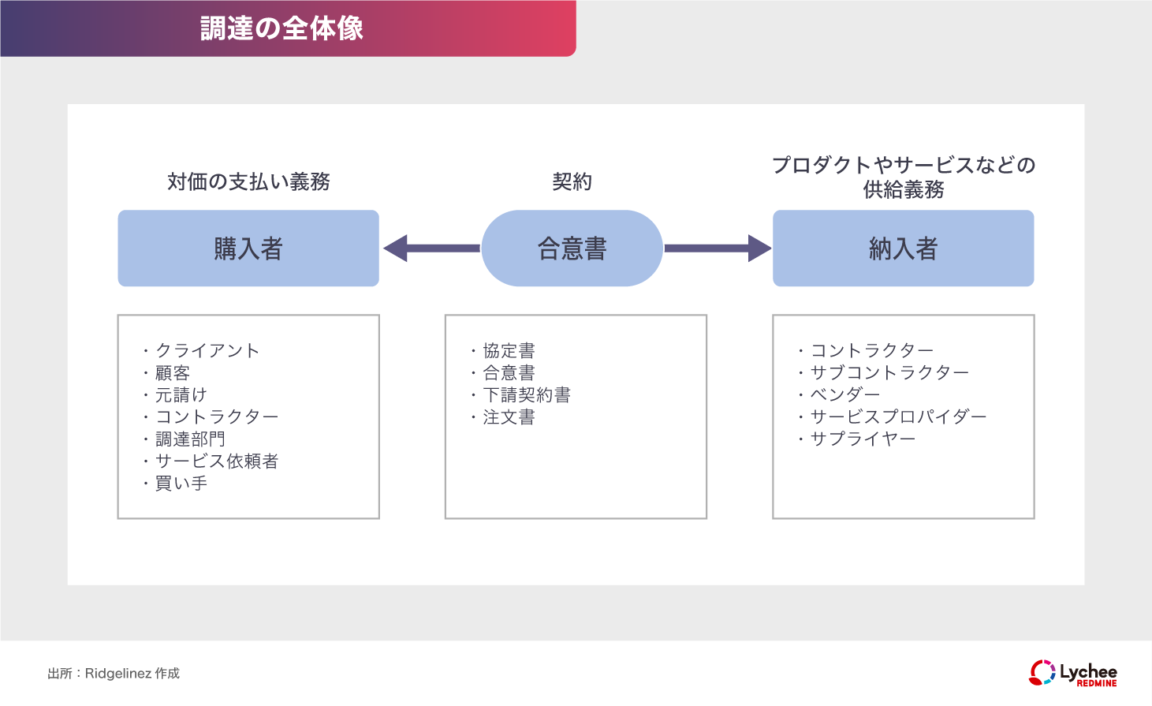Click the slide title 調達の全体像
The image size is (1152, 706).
281,28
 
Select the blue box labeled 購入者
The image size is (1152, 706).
248,248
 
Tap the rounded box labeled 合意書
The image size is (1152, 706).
572,248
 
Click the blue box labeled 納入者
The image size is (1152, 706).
903,248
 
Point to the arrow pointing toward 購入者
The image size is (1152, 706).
432,248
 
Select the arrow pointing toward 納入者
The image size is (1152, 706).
717,248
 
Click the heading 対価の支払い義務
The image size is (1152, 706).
248,181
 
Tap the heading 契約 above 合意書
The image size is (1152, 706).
572,181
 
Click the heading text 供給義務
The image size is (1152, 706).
903,190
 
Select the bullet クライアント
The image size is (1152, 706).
207,350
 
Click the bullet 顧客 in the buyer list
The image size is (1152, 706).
172,372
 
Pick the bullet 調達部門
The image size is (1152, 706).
190,439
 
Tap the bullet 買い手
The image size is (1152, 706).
181,483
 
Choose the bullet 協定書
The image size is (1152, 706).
509,350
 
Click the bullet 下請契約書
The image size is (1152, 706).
527,394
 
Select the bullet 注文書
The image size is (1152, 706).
509,417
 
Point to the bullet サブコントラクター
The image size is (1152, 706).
889,372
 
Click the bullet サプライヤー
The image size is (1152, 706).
863,439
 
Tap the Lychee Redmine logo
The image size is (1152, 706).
1073,673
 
